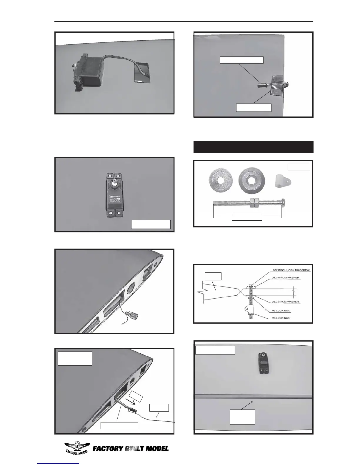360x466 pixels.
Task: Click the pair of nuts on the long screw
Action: (254, 202)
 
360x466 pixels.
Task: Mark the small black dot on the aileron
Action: (252, 402)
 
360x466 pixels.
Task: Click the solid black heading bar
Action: (253, 147)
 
